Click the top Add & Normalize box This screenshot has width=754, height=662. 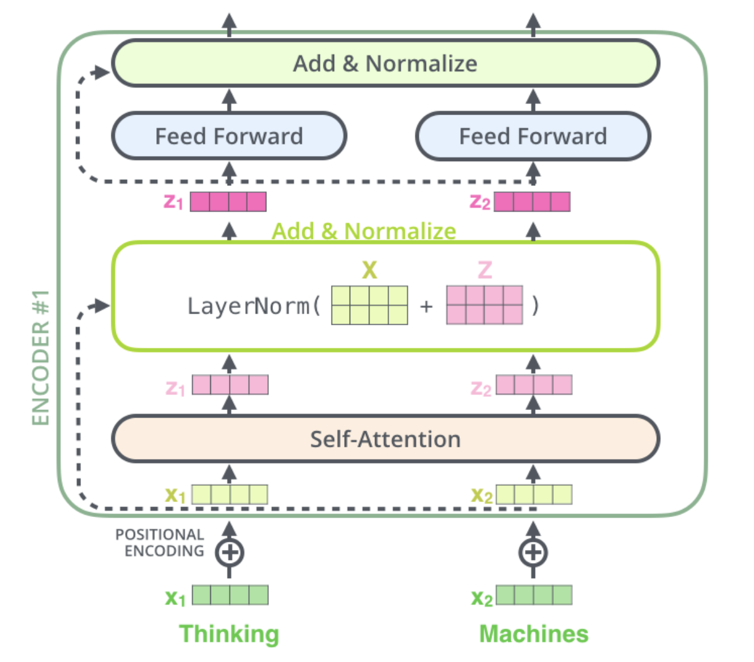point(385,63)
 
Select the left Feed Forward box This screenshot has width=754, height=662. point(229,136)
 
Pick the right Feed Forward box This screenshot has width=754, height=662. point(533,136)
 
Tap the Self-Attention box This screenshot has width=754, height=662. point(385,439)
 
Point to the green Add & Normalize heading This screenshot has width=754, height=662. point(364,231)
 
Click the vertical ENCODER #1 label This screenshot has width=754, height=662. point(41,358)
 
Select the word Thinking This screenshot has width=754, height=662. point(229,634)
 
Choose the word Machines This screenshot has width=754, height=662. point(534,634)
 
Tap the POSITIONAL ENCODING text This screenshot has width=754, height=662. point(161,543)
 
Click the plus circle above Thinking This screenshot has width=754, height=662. point(230,552)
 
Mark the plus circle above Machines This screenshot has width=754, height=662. point(533,552)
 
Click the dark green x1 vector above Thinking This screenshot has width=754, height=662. point(230,595)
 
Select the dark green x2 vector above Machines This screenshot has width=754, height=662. point(534,595)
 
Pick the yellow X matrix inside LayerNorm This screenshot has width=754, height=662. point(370,305)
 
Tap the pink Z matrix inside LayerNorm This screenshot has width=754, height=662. point(485,305)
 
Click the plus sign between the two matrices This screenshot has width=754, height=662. point(426,306)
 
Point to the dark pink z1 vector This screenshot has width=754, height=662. point(228,202)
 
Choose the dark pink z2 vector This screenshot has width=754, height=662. point(532,202)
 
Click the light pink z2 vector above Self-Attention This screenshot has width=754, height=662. point(534,385)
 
